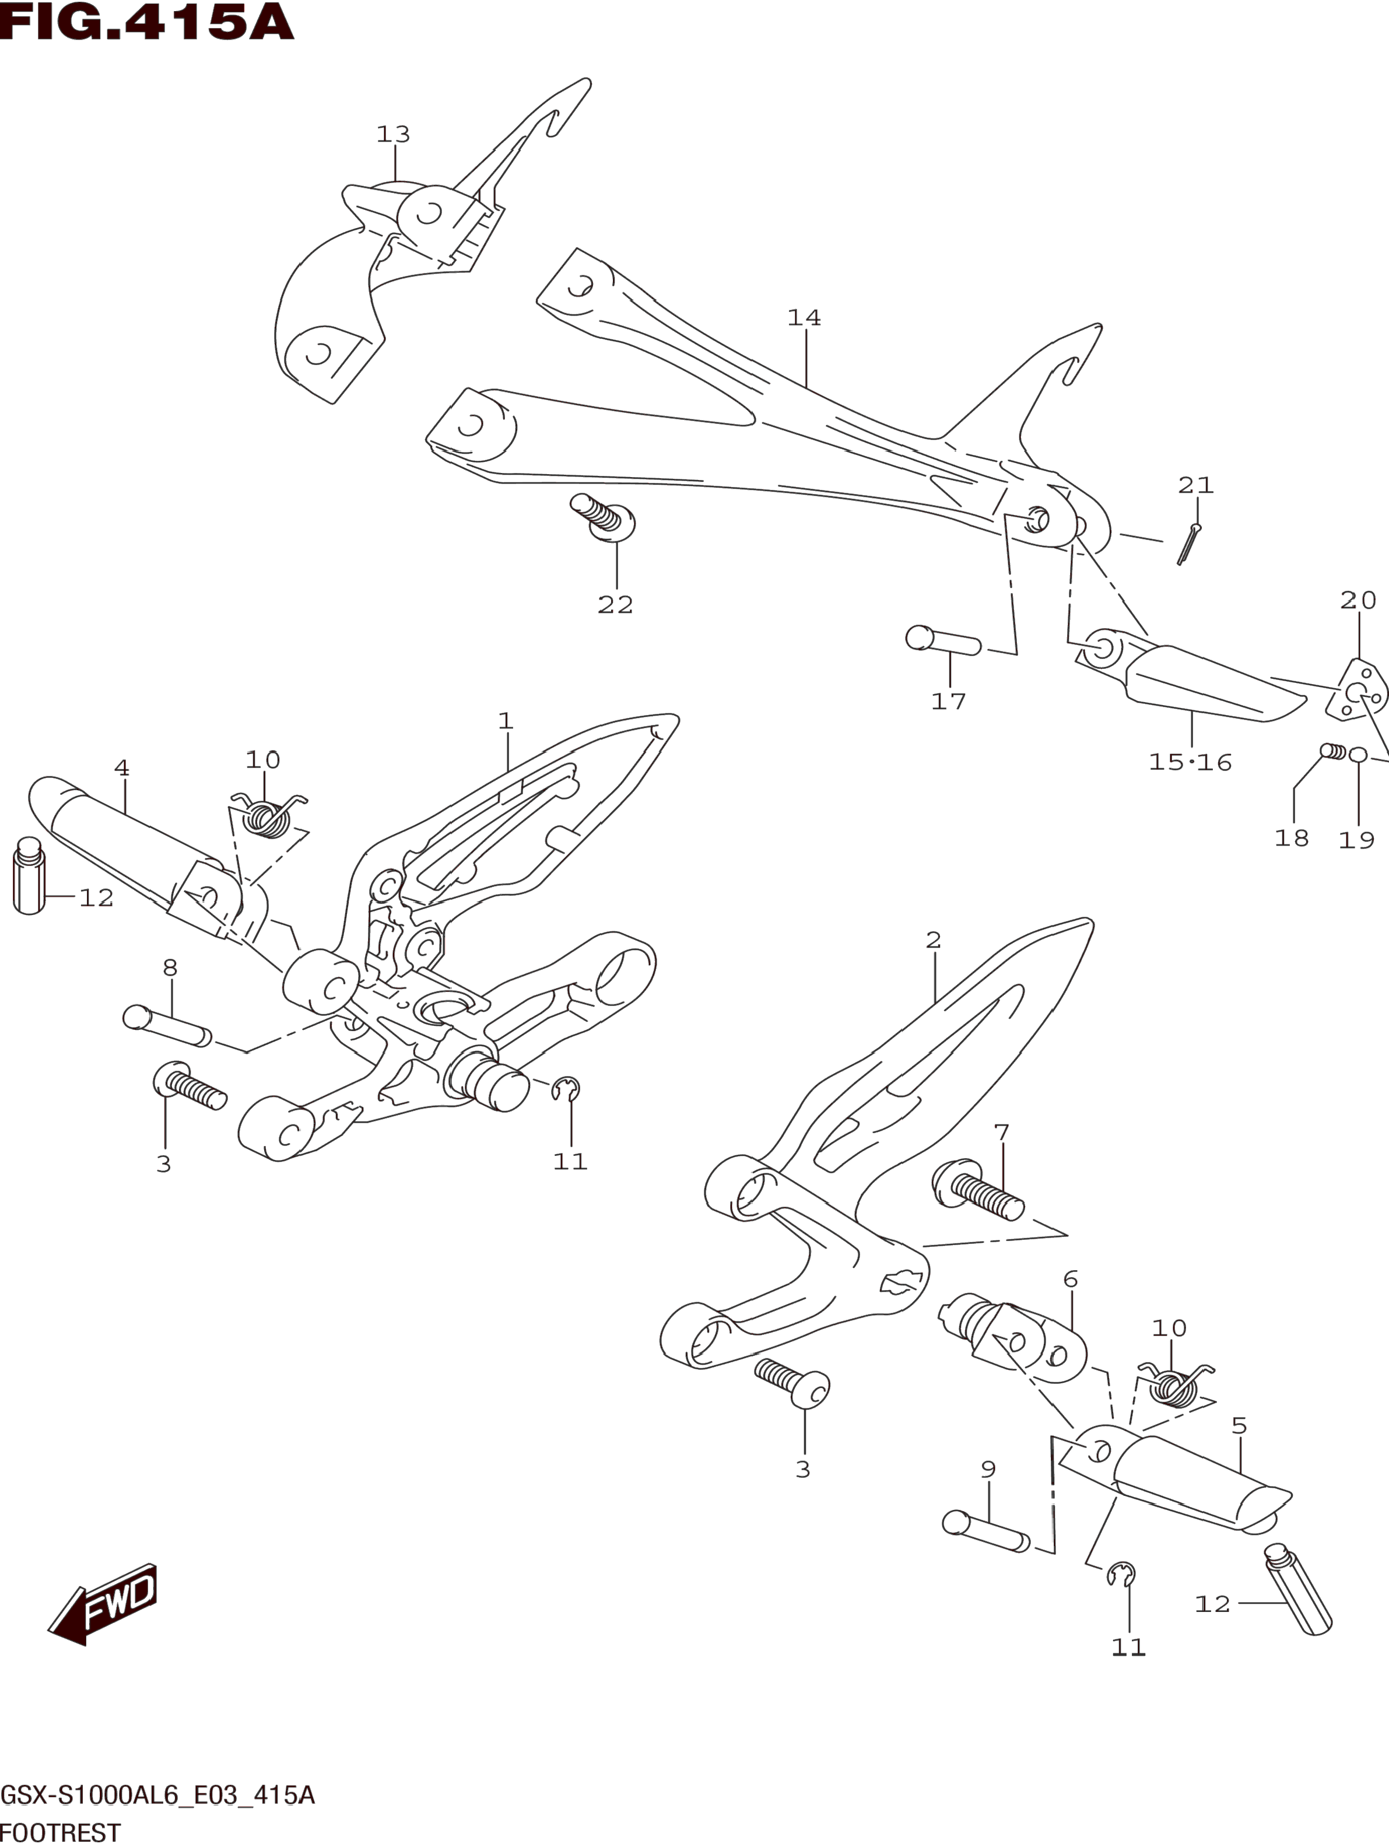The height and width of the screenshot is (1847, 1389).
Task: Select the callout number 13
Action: (393, 135)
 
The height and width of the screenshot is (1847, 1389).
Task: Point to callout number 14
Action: (804, 318)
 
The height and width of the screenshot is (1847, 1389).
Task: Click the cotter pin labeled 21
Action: (1188, 543)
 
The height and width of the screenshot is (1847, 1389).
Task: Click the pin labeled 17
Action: (943, 642)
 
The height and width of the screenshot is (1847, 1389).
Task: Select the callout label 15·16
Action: (1190, 762)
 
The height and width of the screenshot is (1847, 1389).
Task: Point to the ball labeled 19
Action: (1358, 755)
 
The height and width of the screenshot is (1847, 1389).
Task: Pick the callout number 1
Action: (505, 721)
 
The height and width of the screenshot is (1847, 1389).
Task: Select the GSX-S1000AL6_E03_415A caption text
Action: (158, 1795)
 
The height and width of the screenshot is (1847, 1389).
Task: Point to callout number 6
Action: (1070, 1279)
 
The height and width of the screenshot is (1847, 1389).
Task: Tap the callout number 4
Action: (122, 768)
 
